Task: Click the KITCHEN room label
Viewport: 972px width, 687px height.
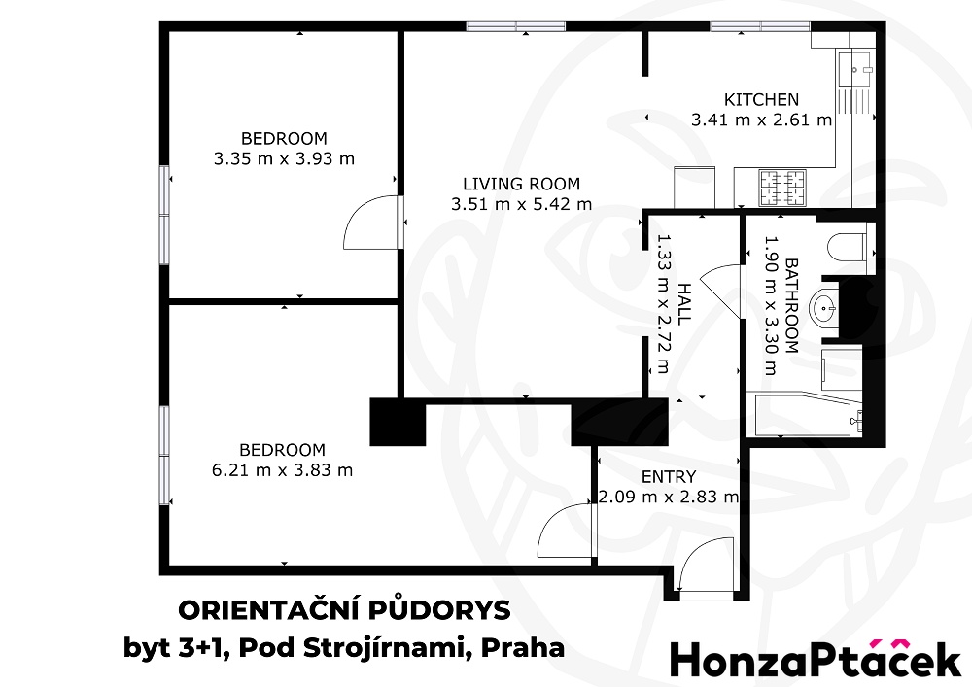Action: tap(761, 99)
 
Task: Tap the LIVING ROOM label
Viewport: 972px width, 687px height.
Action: tap(521, 184)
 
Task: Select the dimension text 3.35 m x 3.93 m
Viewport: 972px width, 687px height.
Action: tap(284, 158)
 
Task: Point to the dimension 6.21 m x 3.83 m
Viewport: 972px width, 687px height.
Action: tap(282, 470)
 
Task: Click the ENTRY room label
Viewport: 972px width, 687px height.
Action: tap(669, 476)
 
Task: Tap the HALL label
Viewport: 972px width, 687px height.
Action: tap(683, 303)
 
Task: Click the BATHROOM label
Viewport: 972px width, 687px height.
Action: tap(791, 305)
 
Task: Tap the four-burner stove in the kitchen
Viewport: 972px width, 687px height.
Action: tap(782, 188)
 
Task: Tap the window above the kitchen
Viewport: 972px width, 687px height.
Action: tap(759, 26)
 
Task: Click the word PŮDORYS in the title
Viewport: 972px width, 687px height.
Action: tap(439, 610)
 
